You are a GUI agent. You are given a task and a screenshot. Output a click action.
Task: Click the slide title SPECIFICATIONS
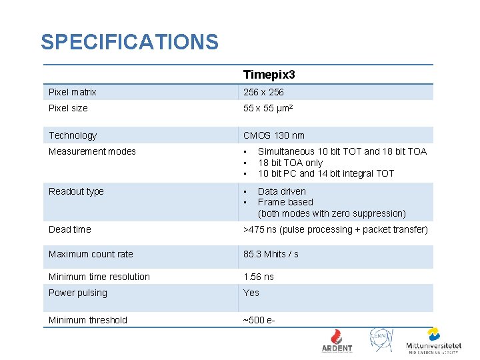pyautogui.click(x=129, y=42)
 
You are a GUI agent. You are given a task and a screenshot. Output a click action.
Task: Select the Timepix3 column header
pyautogui.click(x=269, y=74)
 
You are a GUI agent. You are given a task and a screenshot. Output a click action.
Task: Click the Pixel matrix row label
pyautogui.click(x=73, y=92)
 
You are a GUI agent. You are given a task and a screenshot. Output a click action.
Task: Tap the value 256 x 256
pyautogui.click(x=263, y=92)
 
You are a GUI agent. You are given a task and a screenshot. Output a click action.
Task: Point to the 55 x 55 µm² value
pyautogui.click(x=268, y=108)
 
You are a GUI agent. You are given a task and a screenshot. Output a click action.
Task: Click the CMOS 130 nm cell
pyautogui.click(x=274, y=135)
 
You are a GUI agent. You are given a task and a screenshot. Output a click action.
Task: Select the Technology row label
pyautogui.click(x=73, y=135)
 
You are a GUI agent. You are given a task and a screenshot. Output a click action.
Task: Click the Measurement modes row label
pyautogui.click(x=92, y=151)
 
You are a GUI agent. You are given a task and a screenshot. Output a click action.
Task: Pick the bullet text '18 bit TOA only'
pyautogui.click(x=290, y=163)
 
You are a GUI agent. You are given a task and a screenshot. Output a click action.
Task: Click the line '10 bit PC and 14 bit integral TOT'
pyautogui.click(x=326, y=173)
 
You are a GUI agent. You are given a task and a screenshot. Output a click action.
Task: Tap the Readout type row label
pyautogui.click(x=76, y=191)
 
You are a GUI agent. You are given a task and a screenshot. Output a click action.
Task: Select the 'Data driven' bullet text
pyautogui.click(x=282, y=191)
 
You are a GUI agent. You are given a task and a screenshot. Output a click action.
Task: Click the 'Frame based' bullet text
pyautogui.click(x=285, y=202)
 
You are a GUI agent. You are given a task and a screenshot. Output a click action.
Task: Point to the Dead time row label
pyautogui.click(x=69, y=229)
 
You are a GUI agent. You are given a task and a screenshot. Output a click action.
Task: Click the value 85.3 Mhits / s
pyautogui.click(x=271, y=254)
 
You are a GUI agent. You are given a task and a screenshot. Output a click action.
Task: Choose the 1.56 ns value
pyautogui.click(x=259, y=277)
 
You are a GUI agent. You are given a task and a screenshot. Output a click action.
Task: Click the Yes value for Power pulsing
pyautogui.click(x=251, y=293)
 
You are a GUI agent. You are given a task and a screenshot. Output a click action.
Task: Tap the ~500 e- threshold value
pyautogui.click(x=259, y=320)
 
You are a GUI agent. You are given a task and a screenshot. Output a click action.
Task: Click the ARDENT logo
pyautogui.click(x=337, y=340)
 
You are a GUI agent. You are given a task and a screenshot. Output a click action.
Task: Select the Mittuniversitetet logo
pyautogui.click(x=433, y=340)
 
